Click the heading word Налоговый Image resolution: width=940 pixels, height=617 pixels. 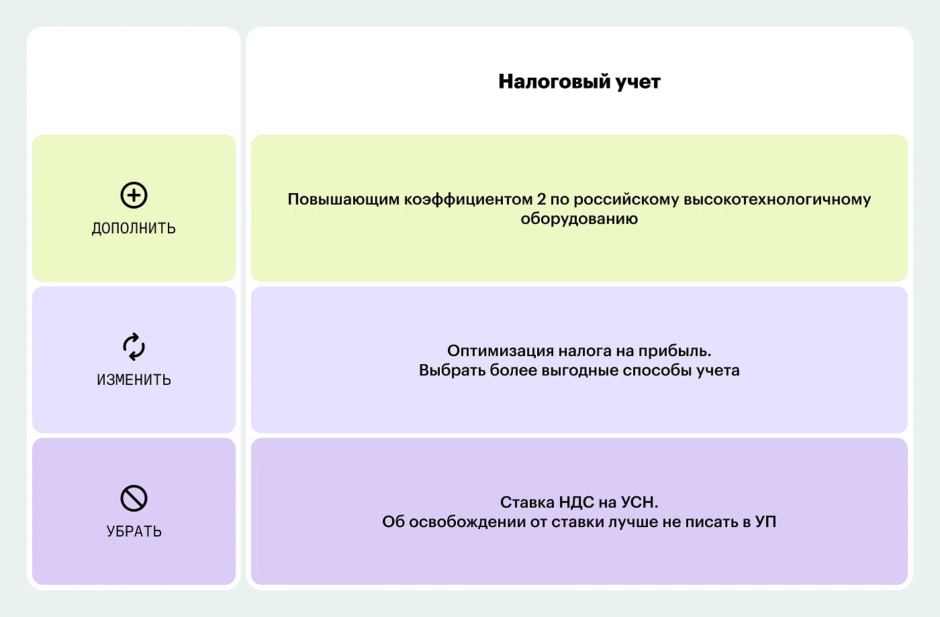[554, 82]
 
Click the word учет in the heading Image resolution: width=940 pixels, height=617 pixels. [638, 82]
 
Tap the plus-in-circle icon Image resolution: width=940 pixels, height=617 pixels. [134, 195]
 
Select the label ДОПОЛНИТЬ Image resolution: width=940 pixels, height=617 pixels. [134, 229]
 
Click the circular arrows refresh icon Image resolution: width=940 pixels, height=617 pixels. [134, 347]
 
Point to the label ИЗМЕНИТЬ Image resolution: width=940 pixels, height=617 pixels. [134, 380]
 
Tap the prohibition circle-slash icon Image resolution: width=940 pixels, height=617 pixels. [134, 498]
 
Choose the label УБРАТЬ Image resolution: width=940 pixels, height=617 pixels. [134, 531]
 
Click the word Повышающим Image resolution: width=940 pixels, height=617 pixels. [343, 200]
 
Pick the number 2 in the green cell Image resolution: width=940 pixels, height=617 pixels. [541, 199]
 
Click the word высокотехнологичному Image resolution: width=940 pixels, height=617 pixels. [778, 200]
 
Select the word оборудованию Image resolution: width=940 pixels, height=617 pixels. [579, 219]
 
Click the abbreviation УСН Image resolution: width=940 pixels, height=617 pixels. [639, 502]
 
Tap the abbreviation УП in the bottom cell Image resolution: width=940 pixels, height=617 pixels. [765, 522]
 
